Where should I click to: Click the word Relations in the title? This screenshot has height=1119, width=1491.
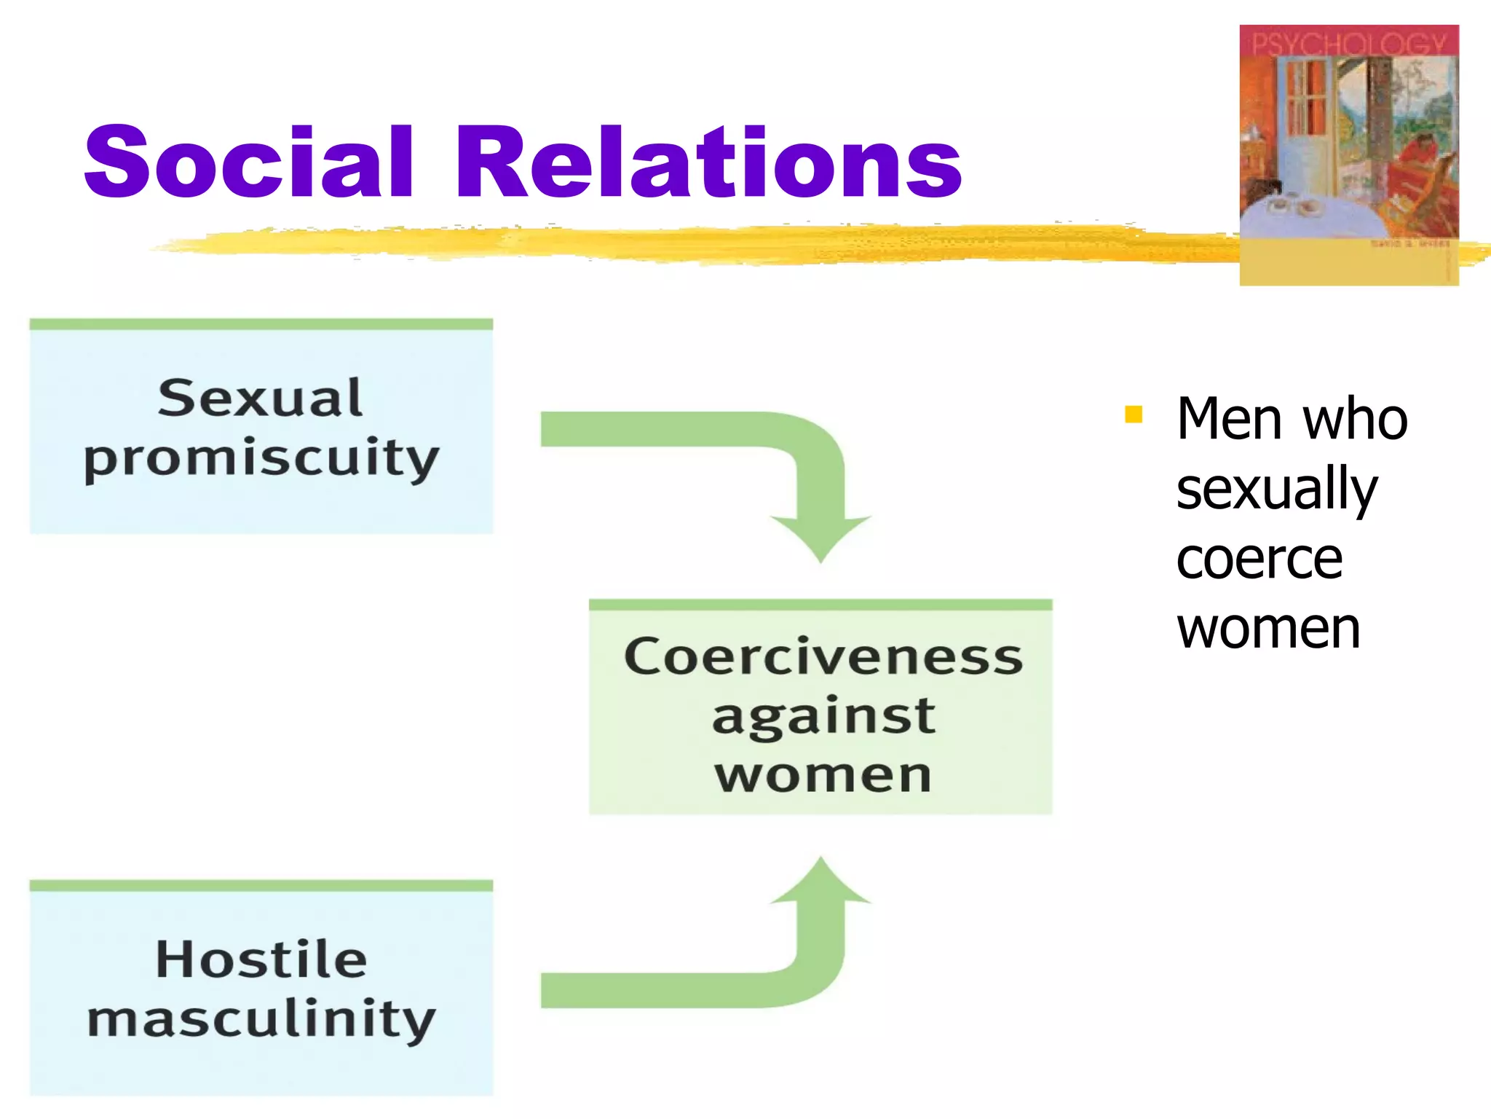[x=708, y=162]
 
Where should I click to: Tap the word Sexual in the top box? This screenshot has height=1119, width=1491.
[x=260, y=398]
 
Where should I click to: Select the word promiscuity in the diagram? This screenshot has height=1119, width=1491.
[x=261, y=459]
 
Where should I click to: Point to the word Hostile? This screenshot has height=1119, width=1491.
[x=261, y=959]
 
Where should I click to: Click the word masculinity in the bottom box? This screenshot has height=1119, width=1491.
[x=261, y=1019]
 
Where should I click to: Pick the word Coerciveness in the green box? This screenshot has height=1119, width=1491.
[x=823, y=656]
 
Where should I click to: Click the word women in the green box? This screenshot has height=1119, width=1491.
[x=823, y=775]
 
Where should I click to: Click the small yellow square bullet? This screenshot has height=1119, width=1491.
[x=1133, y=415]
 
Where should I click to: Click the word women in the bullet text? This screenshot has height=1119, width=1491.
[x=1268, y=628]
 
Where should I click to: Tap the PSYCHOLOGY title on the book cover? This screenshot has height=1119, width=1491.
[x=1348, y=44]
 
